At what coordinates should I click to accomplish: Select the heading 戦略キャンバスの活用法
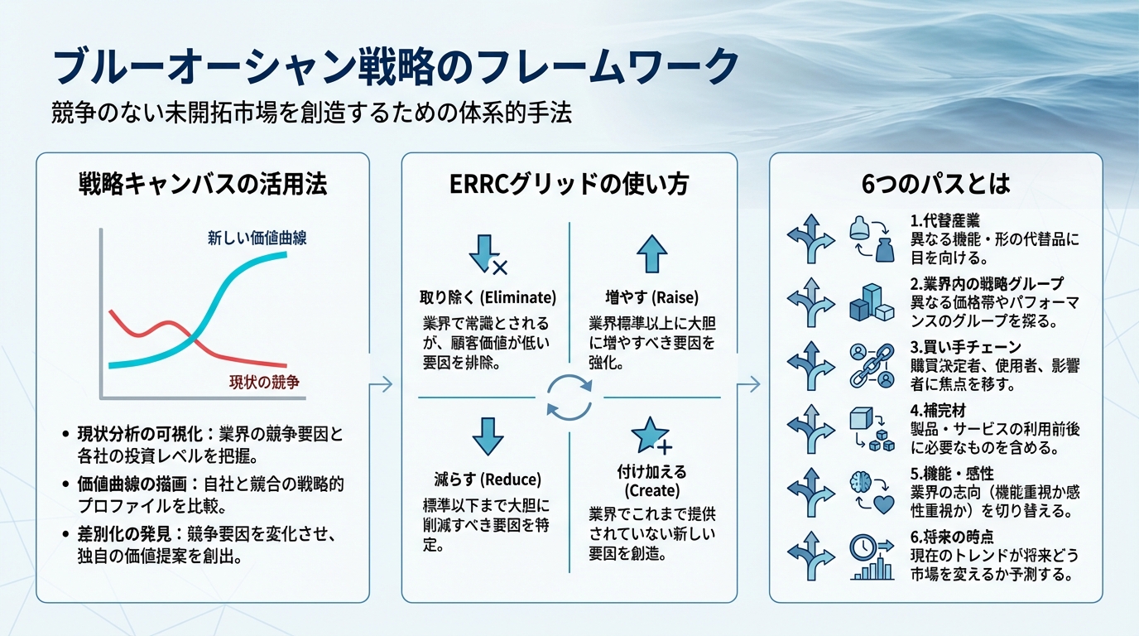pyautogui.click(x=203, y=183)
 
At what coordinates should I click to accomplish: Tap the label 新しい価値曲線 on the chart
pyautogui.click(x=257, y=239)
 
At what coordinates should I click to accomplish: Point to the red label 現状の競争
pyautogui.click(x=263, y=382)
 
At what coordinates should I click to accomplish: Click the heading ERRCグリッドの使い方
pyautogui.click(x=569, y=183)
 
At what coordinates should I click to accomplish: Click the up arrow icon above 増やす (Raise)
pyautogui.click(x=651, y=253)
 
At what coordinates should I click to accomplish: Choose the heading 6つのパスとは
pyautogui.click(x=935, y=183)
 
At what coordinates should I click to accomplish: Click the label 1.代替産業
pyautogui.click(x=944, y=221)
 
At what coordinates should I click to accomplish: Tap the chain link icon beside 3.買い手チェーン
pyautogui.click(x=872, y=365)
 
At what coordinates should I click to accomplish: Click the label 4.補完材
pyautogui.click(x=940, y=409)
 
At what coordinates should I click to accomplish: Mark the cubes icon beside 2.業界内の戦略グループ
pyautogui.click(x=872, y=303)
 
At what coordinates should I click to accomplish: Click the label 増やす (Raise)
pyautogui.click(x=651, y=297)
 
